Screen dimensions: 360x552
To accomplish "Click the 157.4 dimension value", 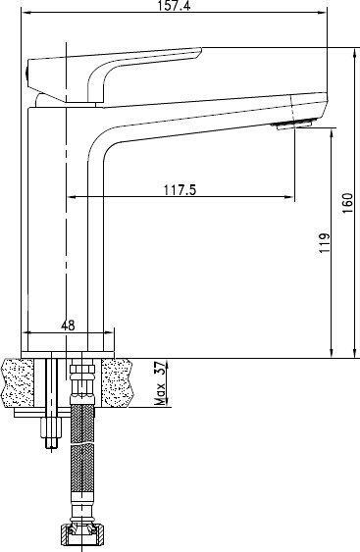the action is pos(174,5).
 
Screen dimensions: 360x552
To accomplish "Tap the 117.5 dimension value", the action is pos(180,190).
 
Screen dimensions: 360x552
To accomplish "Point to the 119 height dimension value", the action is pos(325,242).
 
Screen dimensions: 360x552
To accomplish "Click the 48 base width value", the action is pos(68,325).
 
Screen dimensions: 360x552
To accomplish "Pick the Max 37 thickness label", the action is pos(161,382).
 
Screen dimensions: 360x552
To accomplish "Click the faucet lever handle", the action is pos(113,74).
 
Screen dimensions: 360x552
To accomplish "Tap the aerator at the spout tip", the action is pos(294,125).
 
